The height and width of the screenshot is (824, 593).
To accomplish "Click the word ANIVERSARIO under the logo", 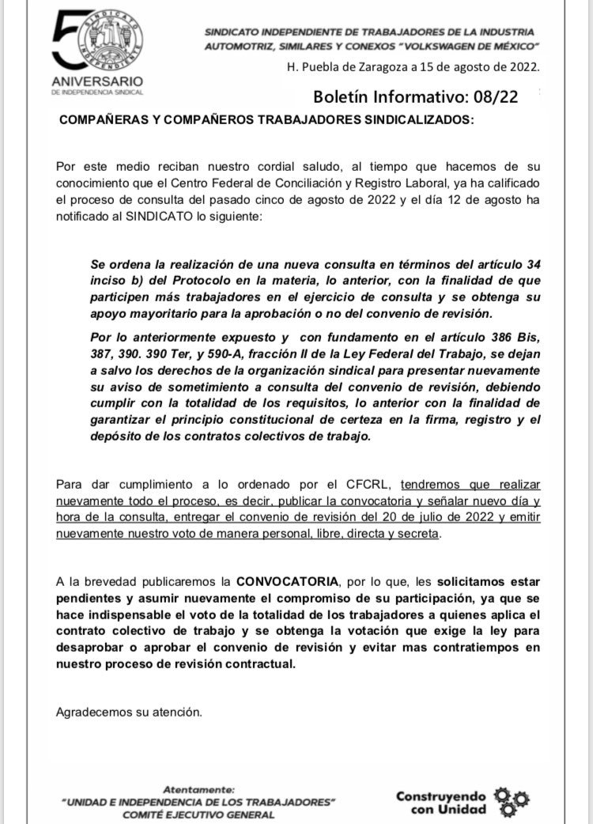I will point(97,82).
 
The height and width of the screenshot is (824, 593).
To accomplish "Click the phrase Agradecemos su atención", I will point(130,712).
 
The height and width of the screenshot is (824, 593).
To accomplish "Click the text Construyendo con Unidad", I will point(441,802).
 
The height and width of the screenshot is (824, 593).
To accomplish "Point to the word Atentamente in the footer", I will point(198,789).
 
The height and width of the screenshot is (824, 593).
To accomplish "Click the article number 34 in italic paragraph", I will point(532,263).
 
